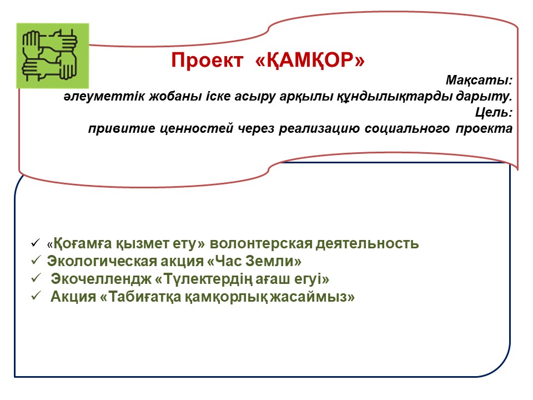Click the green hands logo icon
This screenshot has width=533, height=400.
(53, 56)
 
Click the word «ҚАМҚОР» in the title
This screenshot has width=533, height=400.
(310, 60)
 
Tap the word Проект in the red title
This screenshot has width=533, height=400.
(207, 60)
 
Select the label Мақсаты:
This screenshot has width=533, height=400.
(479, 80)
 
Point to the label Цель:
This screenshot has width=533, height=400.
(494, 112)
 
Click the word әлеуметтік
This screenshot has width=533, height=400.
(104, 96)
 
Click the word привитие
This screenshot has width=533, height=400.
(122, 128)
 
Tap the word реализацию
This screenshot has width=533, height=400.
(319, 128)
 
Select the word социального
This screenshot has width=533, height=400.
(407, 128)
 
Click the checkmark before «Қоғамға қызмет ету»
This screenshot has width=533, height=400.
(36, 243)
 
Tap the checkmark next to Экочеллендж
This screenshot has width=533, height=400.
(36, 278)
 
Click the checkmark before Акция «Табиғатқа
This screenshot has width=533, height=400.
(36, 296)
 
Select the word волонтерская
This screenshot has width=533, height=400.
(261, 244)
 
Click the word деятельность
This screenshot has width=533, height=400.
(367, 244)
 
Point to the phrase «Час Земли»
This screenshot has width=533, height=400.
(254, 261)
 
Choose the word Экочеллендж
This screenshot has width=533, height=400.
(101, 279)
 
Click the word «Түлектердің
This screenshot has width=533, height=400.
(204, 279)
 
